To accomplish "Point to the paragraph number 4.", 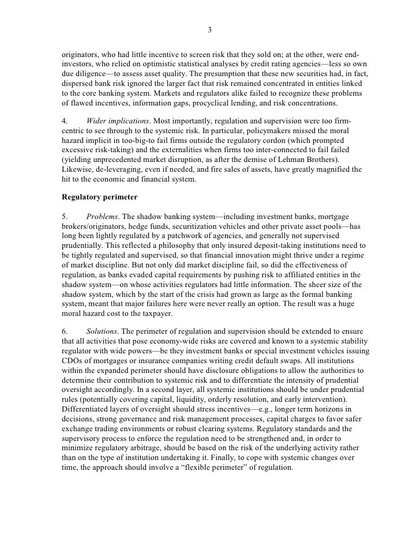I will (65, 120).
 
